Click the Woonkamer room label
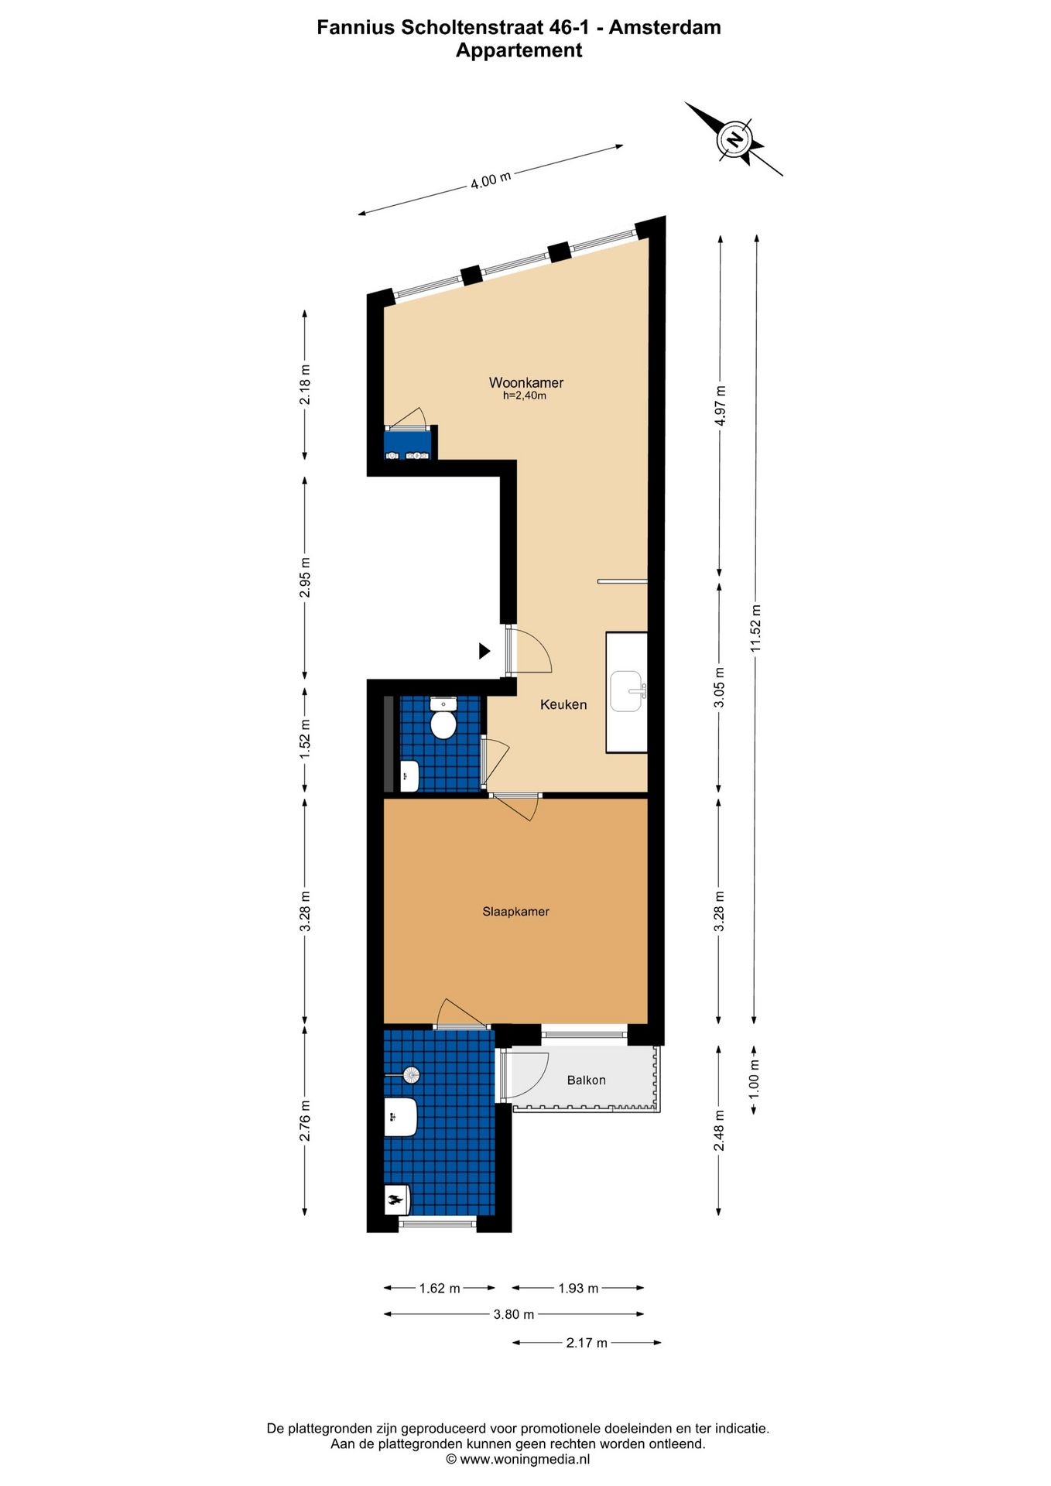click(525, 382)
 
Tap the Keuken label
click(563, 704)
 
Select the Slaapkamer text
click(515, 912)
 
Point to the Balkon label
click(586, 1080)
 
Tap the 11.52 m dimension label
click(756, 628)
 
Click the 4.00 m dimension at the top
click(491, 180)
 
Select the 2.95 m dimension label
click(305, 577)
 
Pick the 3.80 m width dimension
click(514, 1314)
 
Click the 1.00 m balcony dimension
click(755, 1079)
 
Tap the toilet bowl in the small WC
click(443, 724)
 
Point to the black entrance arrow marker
click(484, 651)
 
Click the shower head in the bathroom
click(411, 1074)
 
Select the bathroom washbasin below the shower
click(402, 1117)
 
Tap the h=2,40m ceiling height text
click(525, 395)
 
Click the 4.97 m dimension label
click(720, 406)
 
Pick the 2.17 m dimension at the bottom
click(586, 1343)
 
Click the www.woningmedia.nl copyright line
click(518, 1459)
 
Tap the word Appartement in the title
click(519, 50)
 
